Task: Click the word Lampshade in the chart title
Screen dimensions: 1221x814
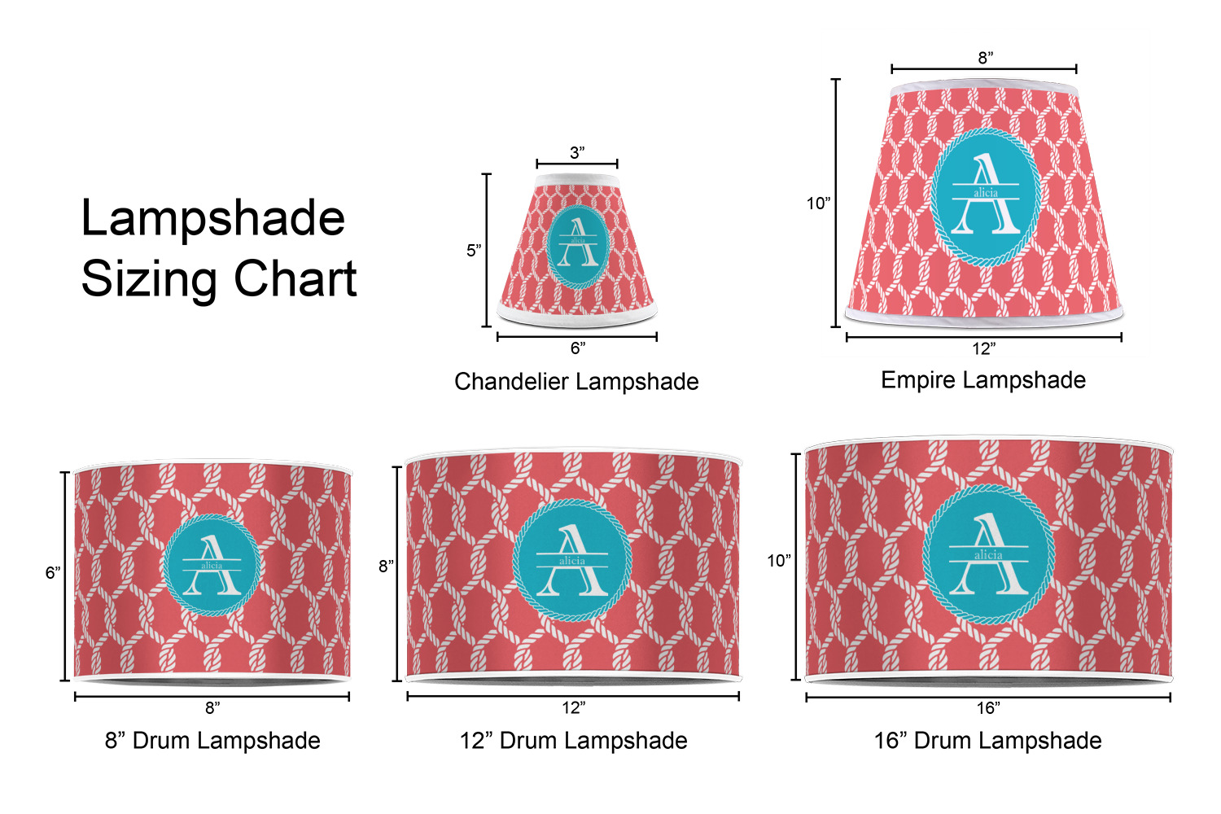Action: coord(213,219)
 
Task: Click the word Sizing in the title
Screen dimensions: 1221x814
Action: coord(149,280)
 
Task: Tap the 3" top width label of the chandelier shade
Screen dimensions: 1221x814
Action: coord(577,153)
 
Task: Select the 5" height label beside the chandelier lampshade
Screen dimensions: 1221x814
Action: coord(474,250)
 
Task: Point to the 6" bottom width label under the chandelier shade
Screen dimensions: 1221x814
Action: coord(578,348)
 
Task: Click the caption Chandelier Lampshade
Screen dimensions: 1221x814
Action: coord(576,381)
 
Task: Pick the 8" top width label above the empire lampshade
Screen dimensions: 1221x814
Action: coord(986,58)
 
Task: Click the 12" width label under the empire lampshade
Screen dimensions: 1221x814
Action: coord(984,348)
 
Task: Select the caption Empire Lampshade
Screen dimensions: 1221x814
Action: coord(983,380)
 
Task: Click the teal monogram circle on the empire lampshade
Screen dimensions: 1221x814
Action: coord(986,197)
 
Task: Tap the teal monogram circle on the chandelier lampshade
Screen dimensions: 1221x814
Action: coord(578,247)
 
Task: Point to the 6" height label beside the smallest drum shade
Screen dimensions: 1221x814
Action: coord(53,572)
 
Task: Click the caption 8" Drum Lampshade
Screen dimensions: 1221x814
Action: coord(212,741)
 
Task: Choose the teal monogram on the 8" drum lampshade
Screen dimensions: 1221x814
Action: coord(212,566)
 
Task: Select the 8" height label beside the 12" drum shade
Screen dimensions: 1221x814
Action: coord(387,567)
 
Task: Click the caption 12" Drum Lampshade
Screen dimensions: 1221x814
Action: coord(573,741)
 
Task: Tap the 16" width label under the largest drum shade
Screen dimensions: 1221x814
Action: coord(988,708)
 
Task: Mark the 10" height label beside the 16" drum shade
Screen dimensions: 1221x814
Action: coord(779,561)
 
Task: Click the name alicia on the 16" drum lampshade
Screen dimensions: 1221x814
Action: coord(988,555)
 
